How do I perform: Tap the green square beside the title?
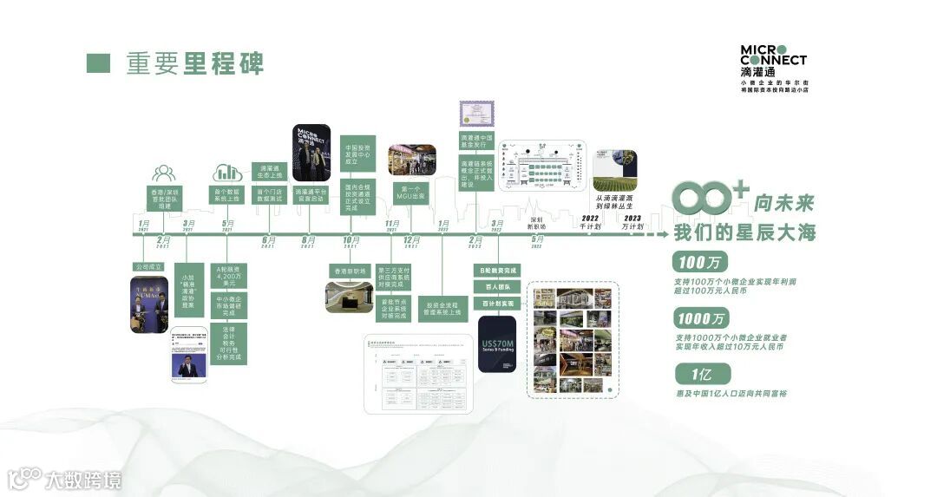tap(98, 63)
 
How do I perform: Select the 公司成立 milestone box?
tap(147, 266)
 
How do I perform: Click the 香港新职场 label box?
tap(350, 270)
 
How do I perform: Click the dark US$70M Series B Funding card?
tap(497, 345)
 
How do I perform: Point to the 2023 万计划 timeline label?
tap(632, 222)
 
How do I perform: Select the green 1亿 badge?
tap(701, 374)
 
